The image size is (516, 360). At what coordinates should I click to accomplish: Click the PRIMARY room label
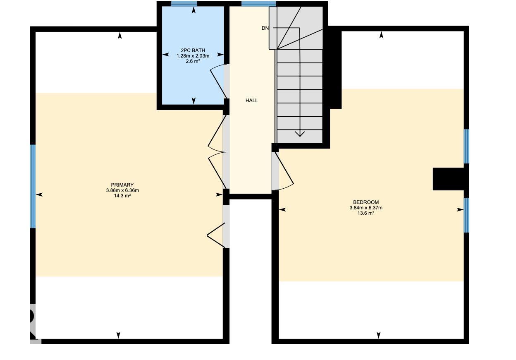tap(122, 185)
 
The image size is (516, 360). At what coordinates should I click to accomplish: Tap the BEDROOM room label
tap(366, 202)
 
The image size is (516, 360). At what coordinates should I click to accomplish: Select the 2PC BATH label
tap(193, 50)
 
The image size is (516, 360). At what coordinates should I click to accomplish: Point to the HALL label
tap(252, 101)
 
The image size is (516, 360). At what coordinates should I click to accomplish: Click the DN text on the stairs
tap(265, 28)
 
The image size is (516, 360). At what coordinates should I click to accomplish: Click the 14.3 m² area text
tap(122, 196)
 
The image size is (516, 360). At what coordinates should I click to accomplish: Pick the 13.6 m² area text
tap(366, 213)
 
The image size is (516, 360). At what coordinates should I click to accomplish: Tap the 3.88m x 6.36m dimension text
tap(122, 190)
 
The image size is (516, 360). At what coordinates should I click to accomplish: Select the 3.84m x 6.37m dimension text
tap(366, 208)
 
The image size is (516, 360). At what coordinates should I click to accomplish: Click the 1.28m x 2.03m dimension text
tap(193, 56)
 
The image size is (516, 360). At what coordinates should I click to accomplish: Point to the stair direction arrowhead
tap(300, 134)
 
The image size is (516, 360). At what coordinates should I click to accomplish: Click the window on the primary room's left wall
tap(33, 186)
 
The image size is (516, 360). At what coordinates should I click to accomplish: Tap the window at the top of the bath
tap(184, 4)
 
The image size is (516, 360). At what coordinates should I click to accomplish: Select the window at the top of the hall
tap(258, 4)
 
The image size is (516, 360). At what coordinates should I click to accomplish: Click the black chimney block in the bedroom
tap(449, 179)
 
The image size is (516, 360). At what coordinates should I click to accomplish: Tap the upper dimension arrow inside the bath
tap(194, 10)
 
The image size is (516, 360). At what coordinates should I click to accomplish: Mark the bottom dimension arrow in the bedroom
tap(378, 335)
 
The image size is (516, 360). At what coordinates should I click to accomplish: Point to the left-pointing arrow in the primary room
tap(39, 194)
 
